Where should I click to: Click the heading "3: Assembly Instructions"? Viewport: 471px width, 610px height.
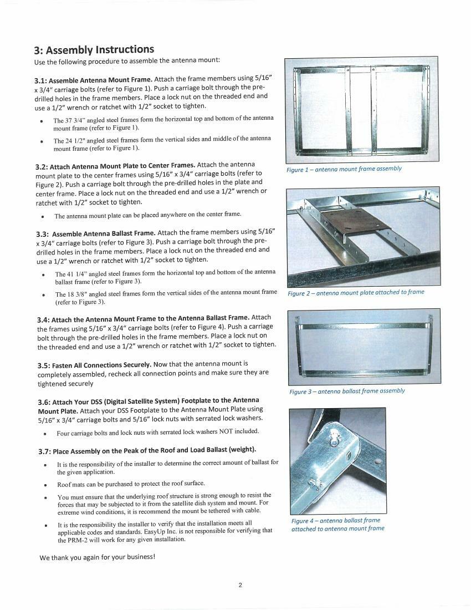94,49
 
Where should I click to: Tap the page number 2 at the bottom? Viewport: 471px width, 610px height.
240,585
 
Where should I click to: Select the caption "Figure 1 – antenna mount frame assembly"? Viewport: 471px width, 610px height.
344,169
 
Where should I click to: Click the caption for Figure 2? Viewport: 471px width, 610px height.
356,293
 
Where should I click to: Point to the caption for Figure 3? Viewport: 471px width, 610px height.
347,391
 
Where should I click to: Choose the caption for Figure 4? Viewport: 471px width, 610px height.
337,525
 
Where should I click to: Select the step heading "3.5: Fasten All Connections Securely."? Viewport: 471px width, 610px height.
94,364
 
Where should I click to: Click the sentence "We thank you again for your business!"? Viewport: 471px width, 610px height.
97,557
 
